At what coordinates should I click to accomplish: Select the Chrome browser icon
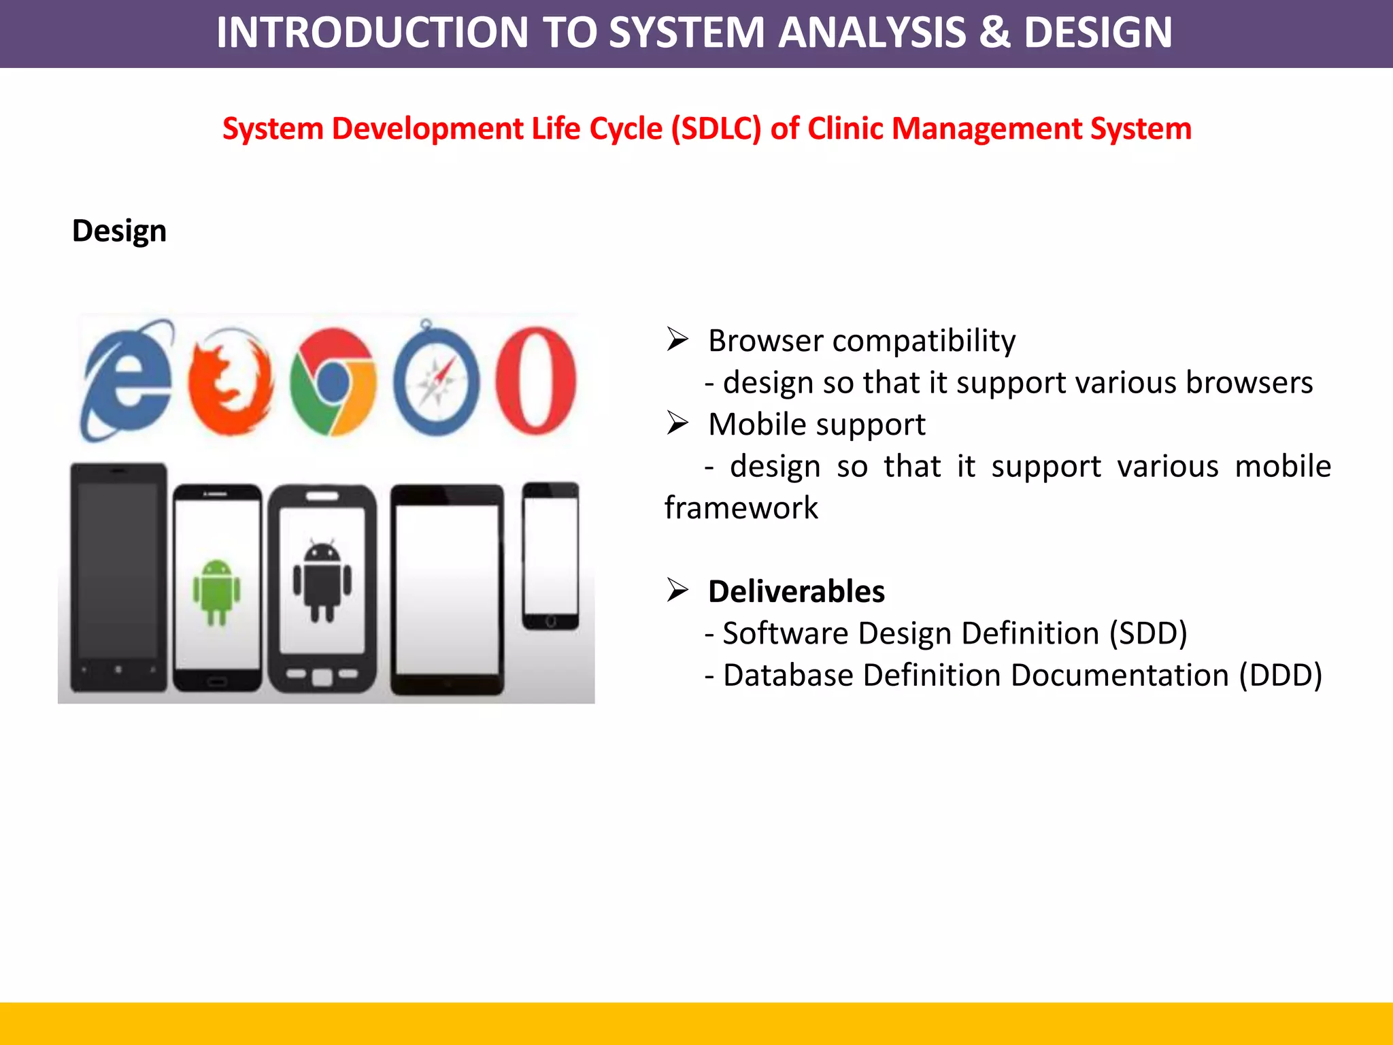tap(333, 382)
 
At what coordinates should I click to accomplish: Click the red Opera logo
tap(536, 380)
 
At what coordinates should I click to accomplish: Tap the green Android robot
tap(217, 591)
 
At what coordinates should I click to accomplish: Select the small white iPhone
tap(551, 556)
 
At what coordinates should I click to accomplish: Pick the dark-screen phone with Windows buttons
tap(119, 577)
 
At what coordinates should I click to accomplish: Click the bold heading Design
tap(119, 231)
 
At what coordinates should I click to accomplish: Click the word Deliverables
tap(796, 591)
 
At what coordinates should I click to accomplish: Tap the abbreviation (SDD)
tap(1148, 633)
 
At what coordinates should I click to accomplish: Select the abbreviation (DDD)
tap(1280, 676)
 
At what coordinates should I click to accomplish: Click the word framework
tap(741, 508)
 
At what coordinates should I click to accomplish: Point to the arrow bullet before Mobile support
tap(677, 424)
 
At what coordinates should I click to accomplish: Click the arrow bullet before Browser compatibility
tap(677, 339)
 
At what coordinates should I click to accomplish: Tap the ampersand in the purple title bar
tap(994, 33)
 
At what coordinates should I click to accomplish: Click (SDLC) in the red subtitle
tap(716, 129)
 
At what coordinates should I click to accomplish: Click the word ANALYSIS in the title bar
tap(871, 33)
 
